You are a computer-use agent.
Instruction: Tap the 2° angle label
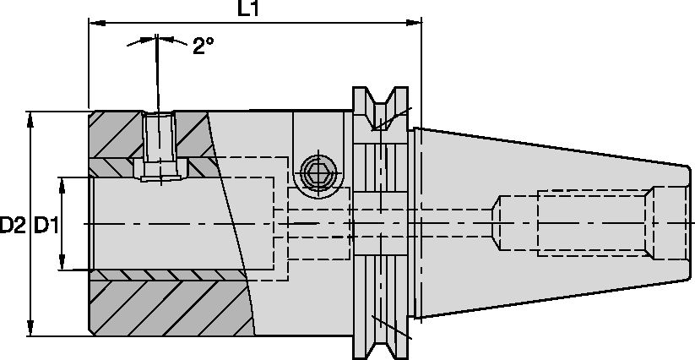(203, 46)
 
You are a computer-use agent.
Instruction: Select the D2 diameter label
(13, 225)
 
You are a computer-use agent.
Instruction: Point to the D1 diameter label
(45, 225)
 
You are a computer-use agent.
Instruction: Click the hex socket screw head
(318, 172)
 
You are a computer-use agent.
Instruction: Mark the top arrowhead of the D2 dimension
(31, 117)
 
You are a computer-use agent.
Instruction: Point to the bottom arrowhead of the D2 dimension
(31, 330)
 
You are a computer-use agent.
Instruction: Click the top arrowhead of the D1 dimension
(62, 183)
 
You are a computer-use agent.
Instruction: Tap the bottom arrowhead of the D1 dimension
(62, 265)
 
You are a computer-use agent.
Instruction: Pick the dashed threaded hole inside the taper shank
(574, 223)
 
